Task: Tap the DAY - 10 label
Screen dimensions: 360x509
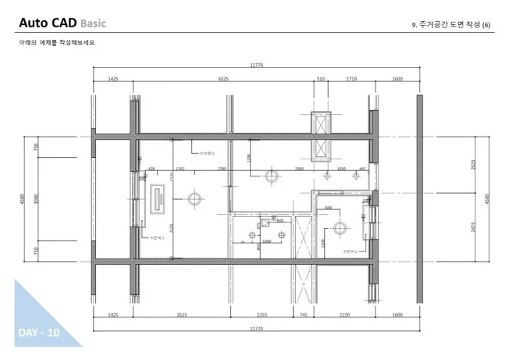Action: click(38, 333)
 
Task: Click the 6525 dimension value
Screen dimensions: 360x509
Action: click(222, 79)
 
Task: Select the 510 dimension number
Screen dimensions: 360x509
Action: click(320, 79)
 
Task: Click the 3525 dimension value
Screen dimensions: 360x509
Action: click(183, 315)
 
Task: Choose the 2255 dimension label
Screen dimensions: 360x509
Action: click(262, 315)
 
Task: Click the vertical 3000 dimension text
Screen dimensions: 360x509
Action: click(35, 200)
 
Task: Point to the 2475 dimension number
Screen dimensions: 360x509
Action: click(473, 226)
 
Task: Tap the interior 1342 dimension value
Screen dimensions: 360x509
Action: click(180, 168)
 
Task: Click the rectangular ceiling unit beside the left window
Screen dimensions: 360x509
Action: click(158, 199)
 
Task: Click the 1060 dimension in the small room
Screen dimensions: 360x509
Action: click(267, 241)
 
